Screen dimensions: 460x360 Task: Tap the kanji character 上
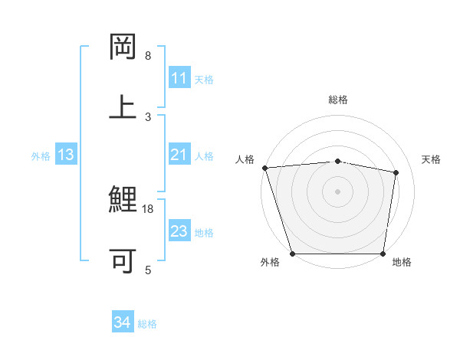pyautogui.click(x=123, y=106)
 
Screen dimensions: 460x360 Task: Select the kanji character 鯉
pyautogui.click(x=123, y=201)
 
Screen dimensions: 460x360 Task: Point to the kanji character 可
pyautogui.click(x=123, y=260)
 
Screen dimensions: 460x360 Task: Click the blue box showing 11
pyautogui.click(x=179, y=78)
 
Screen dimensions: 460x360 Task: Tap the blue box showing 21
pyautogui.click(x=179, y=155)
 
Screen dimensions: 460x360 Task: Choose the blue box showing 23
pyautogui.click(x=179, y=231)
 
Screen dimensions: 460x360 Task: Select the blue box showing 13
pyautogui.click(x=66, y=155)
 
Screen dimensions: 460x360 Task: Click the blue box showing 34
pyautogui.click(x=123, y=323)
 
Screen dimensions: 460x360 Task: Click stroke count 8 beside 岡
pyautogui.click(x=148, y=56)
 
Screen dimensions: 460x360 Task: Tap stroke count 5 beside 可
pyautogui.click(x=148, y=270)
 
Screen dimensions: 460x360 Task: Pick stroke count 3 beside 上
pyautogui.click(x=148, y=116)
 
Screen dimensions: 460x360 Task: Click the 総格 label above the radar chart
pyautogui.click(x=338, y=100)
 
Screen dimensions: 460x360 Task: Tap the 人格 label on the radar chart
pyautogui.click(x=245, y=159)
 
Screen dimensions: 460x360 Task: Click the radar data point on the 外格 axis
pyautogui.click(x=293, y=254)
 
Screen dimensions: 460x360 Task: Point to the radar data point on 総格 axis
pyautogui.click(x=338, y=161)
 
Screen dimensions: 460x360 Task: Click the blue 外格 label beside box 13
pyautogui.click(x=41, y=156)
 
